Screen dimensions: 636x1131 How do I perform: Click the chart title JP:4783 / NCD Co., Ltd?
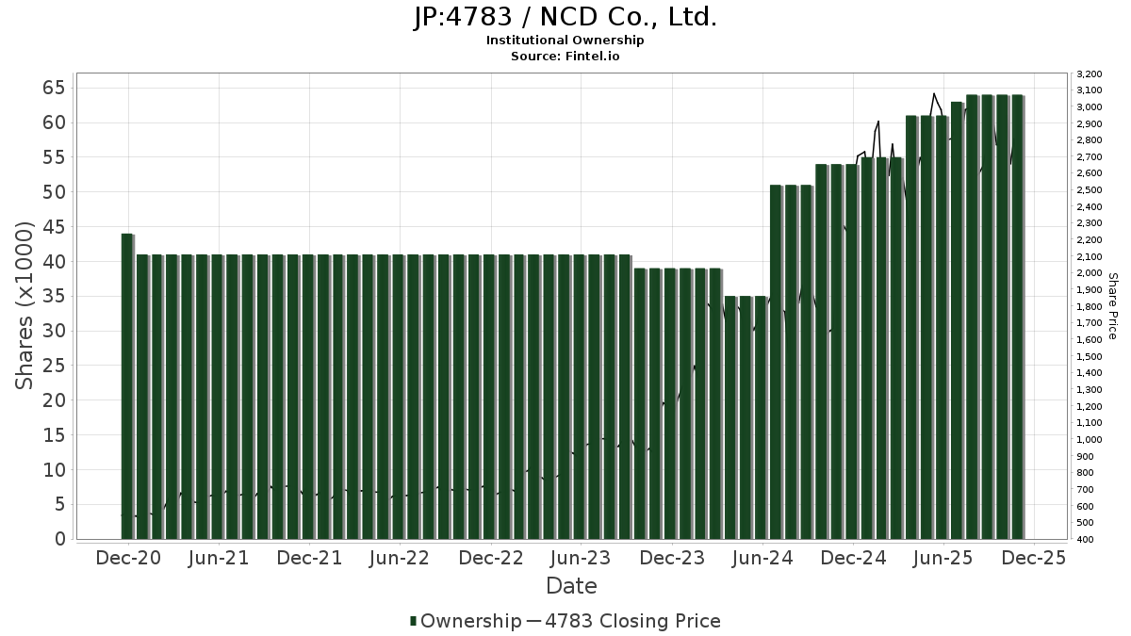pyautogui.click(x=565, y=17)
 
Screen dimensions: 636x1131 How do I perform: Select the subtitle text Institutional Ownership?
pyautogui.click(x=565, y=41)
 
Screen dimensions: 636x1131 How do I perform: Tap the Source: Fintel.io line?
pyautogui.click(x=565, y=57)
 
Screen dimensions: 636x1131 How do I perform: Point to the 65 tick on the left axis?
pyautogui.click(x=53, y=88)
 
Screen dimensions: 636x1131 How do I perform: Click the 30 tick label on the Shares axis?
pyautogui.click(x=53, y=331)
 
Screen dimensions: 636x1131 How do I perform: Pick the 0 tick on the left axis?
pyautogui.click(x=59, y=539)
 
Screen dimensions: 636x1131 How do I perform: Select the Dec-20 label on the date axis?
pyautogui.click(x=128, y=558)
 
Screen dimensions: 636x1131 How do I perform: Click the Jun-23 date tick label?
pyautogui.click(x=582, y=558)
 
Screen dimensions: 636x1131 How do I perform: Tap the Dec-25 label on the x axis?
pyautogui.click(x=1034, y=558)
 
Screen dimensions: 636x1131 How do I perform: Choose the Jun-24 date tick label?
pyautogui.click(x=762, y=558)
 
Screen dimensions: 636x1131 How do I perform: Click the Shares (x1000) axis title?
pyautogui.click(x=25, y=306)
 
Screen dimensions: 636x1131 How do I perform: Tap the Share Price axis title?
pyautogui.click(x=1113, y=306)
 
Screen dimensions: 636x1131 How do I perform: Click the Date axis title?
pyautogui.click(x=571, y=586)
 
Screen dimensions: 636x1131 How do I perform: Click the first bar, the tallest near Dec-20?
pyautogui.click(x=127, y=386)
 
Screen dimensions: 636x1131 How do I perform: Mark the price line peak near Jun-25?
pyautogui.click(x=934, y=94)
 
